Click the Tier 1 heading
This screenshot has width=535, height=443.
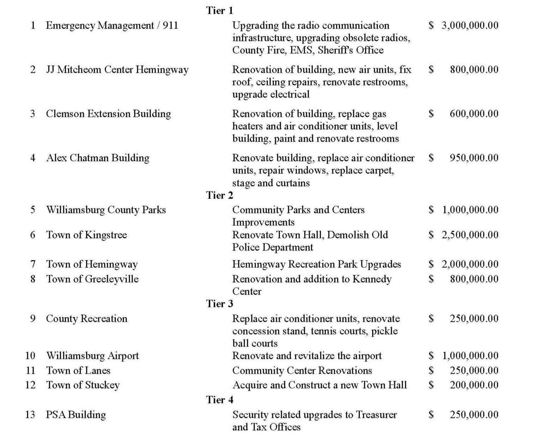pyautogui.click(x=220, y=11)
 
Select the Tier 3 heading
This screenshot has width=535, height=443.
pyautogui.click(x=220, y=304)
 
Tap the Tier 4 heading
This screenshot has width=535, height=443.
pyautogui.click(x=220, y=400)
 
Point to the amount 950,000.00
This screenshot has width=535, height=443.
pyautogui.click(x=474, y=158)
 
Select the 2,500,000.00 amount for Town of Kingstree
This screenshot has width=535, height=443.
pyautogui.click(x=470, y=235)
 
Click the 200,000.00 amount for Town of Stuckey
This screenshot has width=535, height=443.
pyautogui.click(x=474, y=385)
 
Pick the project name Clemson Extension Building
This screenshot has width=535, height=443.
pyautogui.click(x=108, y=114)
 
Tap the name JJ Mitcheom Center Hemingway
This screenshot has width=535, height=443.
pyautogui.click(x=117, y=70)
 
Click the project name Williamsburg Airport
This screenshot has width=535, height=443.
pyautogui.click(x=92, y=356)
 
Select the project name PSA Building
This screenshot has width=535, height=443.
pyautogui.click(x=76, y=415)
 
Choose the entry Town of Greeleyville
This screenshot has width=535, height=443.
pyautogui.click(x=92, y=279)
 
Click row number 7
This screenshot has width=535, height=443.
pyautogui.click(x=33, y=264)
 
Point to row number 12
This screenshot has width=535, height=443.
pyautogui.click(x=30, y=385)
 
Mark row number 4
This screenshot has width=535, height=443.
pyautogui.click(x=33, y=158)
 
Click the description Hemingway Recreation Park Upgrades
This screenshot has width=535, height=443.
pyautogui.click(x=316, y=264)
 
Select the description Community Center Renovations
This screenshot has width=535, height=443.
pyautogui.click(x=302, y=371)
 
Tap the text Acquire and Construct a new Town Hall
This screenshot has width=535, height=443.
pyautogui.click(x=319, y=385)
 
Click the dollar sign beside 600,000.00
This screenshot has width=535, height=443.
pyautogui.click(x=431, y=114)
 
